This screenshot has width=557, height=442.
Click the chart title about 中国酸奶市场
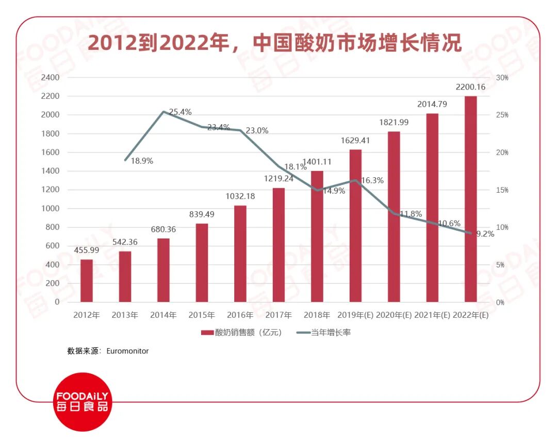coord(274,43)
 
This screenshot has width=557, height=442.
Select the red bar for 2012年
coord(87,281)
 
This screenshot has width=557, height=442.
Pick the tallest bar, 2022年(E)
coord(470,199)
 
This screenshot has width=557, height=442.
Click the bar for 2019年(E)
coord(355,226)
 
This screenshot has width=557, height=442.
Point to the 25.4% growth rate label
coord(179,112)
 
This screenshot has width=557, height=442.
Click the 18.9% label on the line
coord(142,161)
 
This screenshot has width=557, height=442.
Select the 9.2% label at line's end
coord(485,234)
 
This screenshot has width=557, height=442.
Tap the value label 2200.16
coord(470,87)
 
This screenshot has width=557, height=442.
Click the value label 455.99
coord(87,250)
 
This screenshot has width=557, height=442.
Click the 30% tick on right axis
coord(502,78)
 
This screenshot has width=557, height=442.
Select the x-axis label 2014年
coord(163,315)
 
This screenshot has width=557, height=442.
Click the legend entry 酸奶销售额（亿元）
coord(242,333)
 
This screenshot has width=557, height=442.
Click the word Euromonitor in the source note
coord(127,351)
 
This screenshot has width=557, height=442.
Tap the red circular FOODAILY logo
coord(83,402)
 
